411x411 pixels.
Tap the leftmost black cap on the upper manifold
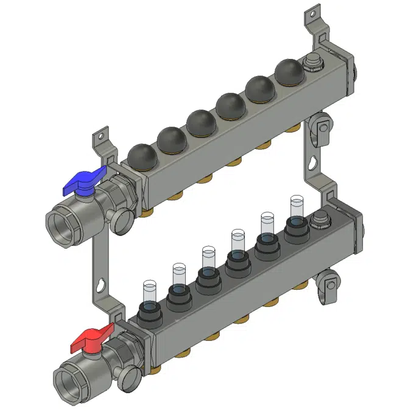coord(141,157)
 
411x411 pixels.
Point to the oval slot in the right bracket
coord(312,164)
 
